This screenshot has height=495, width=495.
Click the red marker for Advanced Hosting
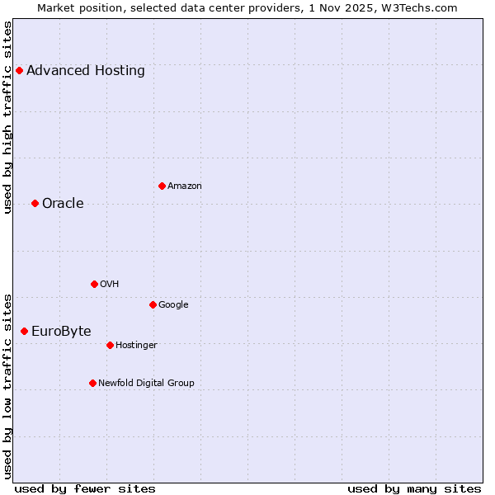pos(19,70)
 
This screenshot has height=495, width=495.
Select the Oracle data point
pos(35,203)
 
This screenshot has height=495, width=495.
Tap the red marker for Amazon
pos(162,186)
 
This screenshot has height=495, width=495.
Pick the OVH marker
pos(94,284)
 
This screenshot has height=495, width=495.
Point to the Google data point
pos(153,304)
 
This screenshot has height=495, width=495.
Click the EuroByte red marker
pos(24,331)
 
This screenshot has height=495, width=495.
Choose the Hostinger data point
pos(110,345)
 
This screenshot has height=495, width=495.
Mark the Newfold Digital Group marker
pos(92,383)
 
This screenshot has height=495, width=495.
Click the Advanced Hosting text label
pos(86,70)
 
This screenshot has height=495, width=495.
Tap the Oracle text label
pos(63,203)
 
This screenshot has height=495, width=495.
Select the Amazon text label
pos(185,186)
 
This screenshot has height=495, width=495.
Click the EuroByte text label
pos(61,331)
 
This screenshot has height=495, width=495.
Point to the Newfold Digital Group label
pos(147,383)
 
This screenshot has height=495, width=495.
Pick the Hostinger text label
pos(136,345)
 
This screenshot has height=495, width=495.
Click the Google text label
pos(173,304)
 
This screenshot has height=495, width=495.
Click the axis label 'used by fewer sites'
pos(85,488)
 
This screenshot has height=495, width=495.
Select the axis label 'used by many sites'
pos(414,488)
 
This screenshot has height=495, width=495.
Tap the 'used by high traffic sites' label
pos(7,117)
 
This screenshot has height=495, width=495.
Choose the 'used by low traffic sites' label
pos(7,385)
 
